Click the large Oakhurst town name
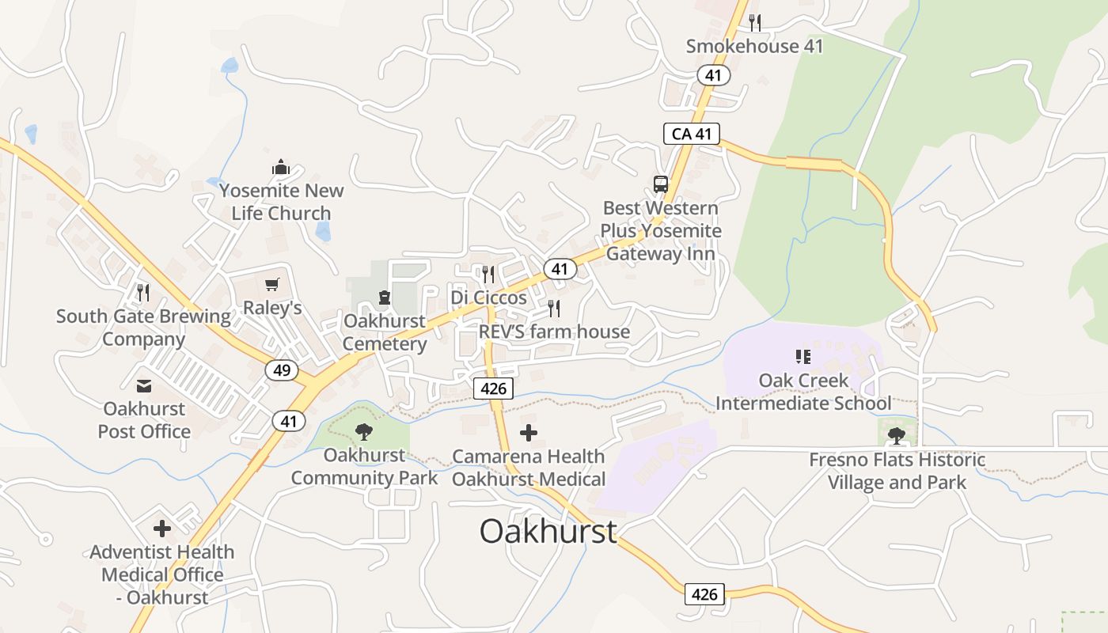(548, 531)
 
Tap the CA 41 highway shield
(692, 134)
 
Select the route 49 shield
(282, 370)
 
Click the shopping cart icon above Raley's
(272, 285)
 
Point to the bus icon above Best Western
(661, 184)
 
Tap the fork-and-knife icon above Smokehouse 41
(755, 22)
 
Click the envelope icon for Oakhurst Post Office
(144, 386)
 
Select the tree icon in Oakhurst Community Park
(364, 431)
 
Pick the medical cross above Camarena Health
(529, 433)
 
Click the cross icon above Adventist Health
(162, 529)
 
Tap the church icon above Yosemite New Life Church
(281, 168)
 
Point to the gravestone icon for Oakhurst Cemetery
(385, 298)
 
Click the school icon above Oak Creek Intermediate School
(803, 357)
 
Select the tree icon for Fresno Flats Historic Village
(897, 434)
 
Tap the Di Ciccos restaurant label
(488, 298)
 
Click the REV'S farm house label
(554, 331)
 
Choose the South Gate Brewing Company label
(143, 328)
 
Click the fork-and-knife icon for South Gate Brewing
(143, 293)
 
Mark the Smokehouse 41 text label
(754, 46)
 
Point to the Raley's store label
(272, 308)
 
